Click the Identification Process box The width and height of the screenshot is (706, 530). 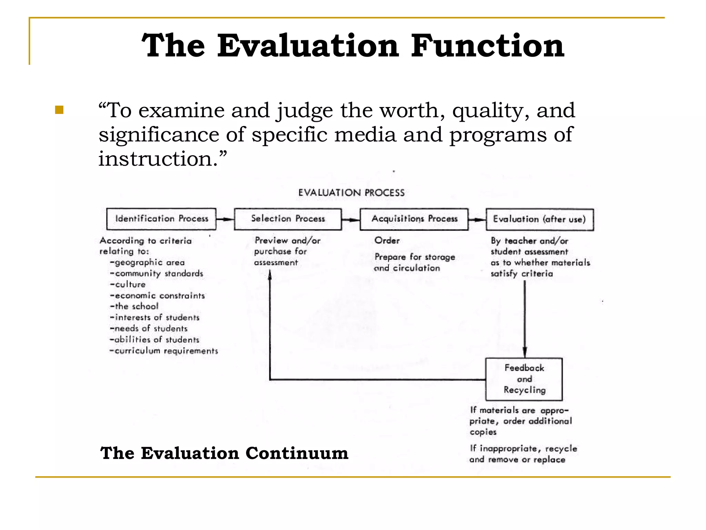[161, 219]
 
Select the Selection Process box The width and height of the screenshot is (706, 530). [288, 219]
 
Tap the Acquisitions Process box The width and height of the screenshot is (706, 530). [414, 219]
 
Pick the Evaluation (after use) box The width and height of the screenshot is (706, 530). [539, 219]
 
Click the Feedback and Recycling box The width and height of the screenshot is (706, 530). [524, 379]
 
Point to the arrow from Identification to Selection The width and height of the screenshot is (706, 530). [225, 219]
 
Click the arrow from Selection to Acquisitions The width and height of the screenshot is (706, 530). [351, 219]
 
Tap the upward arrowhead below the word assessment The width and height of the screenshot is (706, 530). [270, 275]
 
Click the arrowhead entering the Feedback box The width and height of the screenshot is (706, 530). [525, 353]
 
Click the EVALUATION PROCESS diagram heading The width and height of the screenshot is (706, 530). [351, 193]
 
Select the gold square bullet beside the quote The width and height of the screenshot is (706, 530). [59, 110]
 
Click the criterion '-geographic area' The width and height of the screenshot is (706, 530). [147, 263]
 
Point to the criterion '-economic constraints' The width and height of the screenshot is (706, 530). [157, 296]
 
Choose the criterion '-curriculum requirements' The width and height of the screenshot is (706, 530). [164, 351]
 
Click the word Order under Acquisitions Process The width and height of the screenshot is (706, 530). [387, 241]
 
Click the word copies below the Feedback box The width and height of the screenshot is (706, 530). [483, 432]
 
